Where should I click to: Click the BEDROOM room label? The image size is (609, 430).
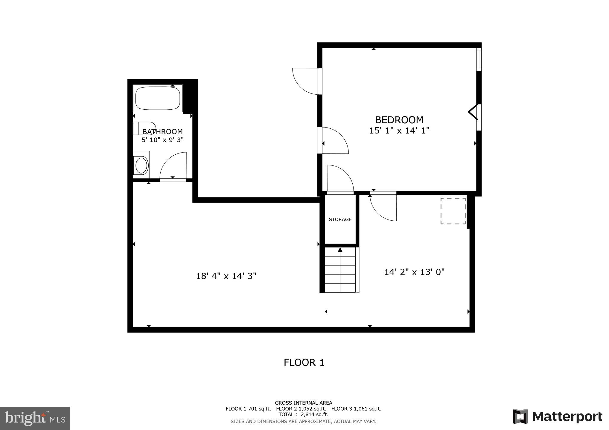(399, 120)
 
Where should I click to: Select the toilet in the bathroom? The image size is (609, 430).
(144, 128)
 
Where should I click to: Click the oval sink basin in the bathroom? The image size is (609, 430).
(141, 165)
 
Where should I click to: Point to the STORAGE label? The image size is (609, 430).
(340, 219)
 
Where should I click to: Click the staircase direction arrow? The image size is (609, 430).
(340, 250)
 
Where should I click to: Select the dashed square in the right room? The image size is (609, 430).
(453, 211)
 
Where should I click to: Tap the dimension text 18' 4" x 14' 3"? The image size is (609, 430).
(226, 276)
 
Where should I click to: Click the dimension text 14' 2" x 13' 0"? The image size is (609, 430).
(414, 272)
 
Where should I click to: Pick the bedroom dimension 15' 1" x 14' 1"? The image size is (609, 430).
(399, 131)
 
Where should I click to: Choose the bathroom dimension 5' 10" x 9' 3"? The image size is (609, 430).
(162, 140)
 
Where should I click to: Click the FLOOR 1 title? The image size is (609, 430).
(304, 363)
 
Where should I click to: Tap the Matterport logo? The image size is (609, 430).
(557, 417)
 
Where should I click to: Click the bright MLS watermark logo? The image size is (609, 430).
(35, 418)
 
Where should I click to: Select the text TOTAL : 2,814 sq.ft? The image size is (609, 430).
(303, 414)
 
